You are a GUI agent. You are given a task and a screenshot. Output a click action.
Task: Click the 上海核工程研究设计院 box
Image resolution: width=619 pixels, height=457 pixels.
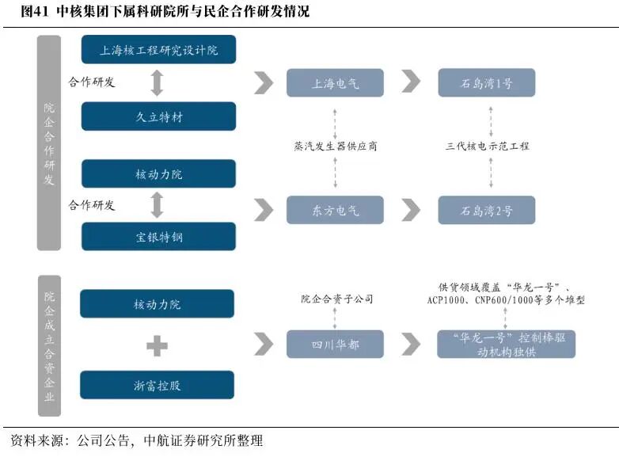tap(158, 49)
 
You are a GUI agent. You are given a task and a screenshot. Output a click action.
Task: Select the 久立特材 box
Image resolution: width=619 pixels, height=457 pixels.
tap(158, 116)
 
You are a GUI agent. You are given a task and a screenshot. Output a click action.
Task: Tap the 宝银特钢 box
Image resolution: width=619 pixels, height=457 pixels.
tap(158, 237)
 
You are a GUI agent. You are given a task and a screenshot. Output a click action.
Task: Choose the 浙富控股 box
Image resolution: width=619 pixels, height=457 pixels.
tap(157, 385)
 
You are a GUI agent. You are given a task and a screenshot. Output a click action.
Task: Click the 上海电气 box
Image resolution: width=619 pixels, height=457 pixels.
tap(335, 83)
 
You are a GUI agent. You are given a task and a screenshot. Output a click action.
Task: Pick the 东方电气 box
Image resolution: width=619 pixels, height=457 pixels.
tap(335, 210)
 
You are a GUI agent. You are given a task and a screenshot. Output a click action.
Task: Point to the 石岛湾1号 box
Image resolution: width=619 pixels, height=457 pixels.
tap(487, 83)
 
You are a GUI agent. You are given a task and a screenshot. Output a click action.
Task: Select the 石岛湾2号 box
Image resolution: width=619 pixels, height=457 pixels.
tap(487, 210)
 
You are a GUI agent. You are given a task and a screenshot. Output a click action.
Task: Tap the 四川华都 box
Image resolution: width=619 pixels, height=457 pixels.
tap(335, 344)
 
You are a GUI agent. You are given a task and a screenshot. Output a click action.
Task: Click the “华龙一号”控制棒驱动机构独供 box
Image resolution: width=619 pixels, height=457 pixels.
tap(506, 344)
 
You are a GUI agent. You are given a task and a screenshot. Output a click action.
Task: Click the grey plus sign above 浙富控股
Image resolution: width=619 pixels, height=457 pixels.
tap(157, 345)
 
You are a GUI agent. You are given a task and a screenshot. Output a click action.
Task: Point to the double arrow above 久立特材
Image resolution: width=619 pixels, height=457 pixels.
tap(157, 83)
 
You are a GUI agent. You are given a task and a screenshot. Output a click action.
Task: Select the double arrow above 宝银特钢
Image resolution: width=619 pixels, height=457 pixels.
tap(157, 205)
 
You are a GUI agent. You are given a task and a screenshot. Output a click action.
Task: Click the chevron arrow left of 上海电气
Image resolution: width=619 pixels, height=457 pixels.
tap(264, 83)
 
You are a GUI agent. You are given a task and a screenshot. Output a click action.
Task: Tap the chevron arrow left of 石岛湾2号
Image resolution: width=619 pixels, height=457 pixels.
tap(411, 210)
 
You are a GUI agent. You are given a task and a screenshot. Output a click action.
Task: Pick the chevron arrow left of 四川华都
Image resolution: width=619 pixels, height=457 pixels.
tap(264, 344)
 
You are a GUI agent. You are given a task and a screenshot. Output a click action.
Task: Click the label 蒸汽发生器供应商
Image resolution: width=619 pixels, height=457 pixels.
tap(335, 147)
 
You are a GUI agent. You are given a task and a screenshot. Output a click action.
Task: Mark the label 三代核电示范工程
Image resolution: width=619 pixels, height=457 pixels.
tap(487, 147)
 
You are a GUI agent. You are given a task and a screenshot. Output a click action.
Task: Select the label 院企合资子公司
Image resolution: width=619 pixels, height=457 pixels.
tap(336, 299)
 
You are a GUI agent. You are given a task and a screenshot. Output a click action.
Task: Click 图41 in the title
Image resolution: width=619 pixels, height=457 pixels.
tap(34, 11)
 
